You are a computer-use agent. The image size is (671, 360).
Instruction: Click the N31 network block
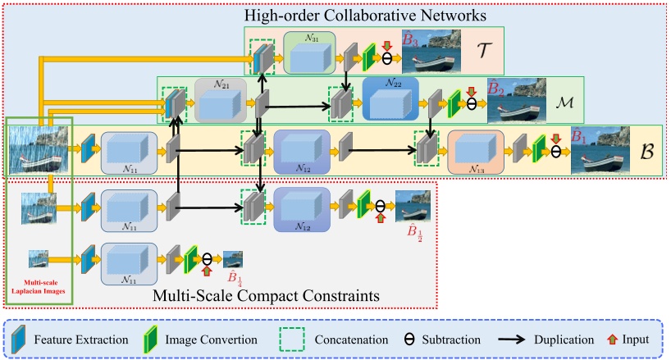(x=309, y=52)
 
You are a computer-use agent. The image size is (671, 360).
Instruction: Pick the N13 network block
(x=476, y=152)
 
